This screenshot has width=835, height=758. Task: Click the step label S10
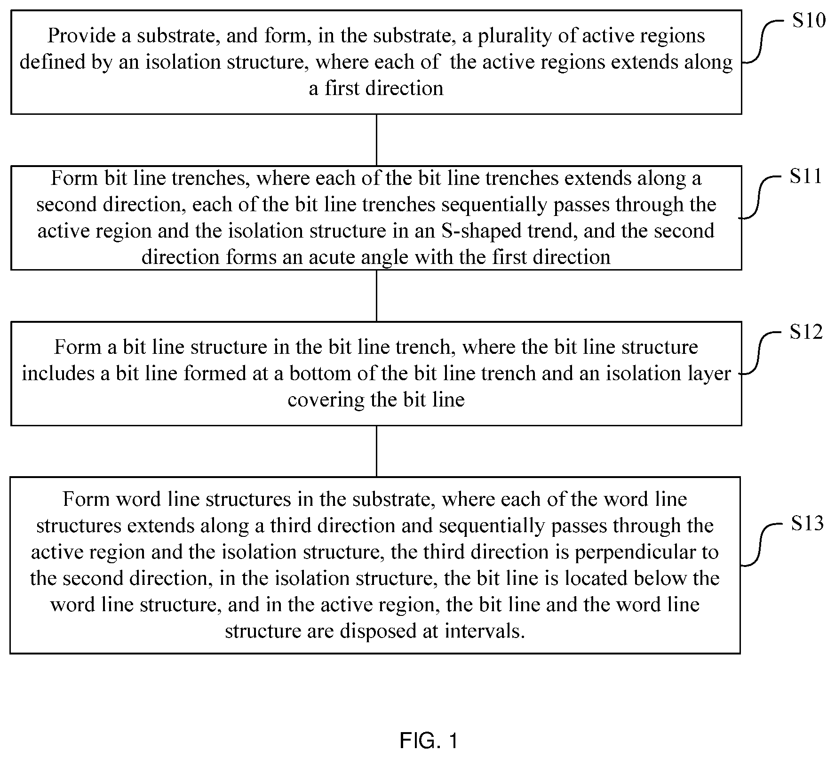click(809, 21)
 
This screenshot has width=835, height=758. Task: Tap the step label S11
click(806, 176)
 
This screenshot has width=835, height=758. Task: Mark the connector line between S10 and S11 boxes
click(376, 140)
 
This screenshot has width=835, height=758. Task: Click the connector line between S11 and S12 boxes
click(376, 295)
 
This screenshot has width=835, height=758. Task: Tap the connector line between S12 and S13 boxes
click(376, 451)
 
